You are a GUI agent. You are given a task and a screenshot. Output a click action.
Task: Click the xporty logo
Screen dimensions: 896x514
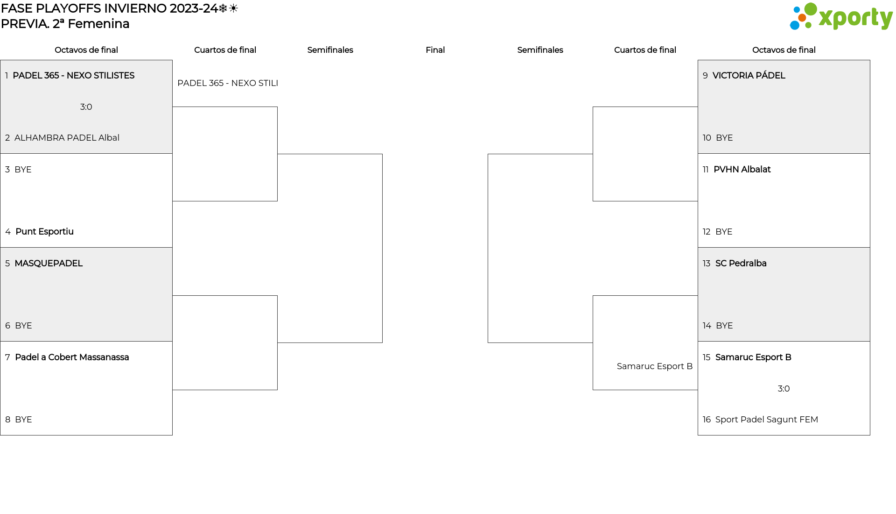841,16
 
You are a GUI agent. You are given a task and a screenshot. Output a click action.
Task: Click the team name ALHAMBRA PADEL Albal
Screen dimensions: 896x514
67,138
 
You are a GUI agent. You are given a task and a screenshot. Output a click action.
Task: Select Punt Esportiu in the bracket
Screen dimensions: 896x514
44,232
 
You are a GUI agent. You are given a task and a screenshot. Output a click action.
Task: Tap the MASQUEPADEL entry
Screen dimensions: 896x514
49,264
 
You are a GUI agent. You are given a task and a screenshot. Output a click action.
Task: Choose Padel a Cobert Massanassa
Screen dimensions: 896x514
72,357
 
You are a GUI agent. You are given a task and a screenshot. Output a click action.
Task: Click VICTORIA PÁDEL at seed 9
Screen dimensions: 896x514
749,76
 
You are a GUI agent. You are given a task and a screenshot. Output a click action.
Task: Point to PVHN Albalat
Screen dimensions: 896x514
742,170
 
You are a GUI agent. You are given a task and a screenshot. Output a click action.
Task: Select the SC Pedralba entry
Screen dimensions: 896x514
741,264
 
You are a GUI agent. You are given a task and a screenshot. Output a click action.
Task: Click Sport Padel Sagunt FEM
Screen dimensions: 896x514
767,420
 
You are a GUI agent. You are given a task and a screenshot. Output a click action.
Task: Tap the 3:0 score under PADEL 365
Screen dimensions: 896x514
86,107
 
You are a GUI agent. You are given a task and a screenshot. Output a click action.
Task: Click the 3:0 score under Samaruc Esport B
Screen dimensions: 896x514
784,389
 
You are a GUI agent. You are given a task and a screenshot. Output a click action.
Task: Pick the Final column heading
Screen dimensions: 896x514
435,50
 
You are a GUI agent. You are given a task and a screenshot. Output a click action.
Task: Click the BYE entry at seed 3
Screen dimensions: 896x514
23,170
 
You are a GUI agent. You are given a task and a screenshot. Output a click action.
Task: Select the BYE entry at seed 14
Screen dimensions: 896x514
724,326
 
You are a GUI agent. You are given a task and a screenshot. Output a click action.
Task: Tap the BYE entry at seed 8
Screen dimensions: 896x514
23,420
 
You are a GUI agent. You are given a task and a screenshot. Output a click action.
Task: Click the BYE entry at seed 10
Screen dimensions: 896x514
724,138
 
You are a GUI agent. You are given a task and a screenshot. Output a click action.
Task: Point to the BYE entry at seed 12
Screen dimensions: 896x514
724,232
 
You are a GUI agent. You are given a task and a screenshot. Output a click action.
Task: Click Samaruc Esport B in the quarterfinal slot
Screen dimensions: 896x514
655,366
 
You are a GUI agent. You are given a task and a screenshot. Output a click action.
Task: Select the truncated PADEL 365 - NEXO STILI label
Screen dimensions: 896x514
228,83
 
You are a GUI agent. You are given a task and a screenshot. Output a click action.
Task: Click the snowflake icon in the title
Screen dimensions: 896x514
223,8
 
